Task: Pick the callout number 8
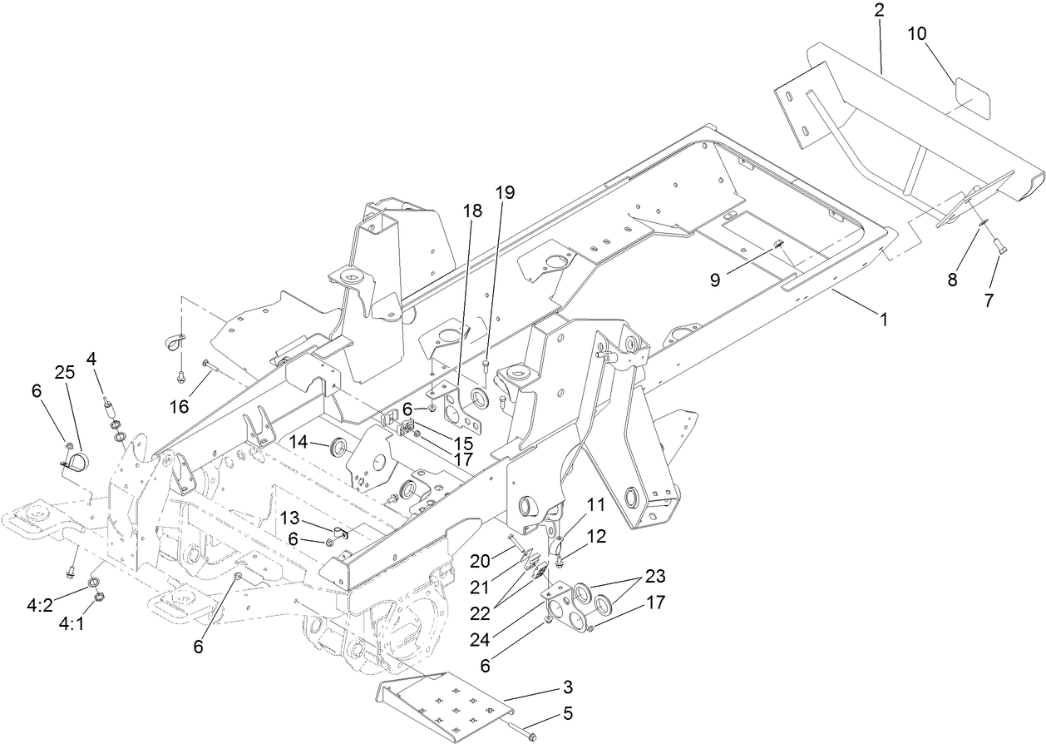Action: [952, 279]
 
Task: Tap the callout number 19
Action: [506, 192]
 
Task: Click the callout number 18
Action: [472, 212]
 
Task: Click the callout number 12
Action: [596, 538]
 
